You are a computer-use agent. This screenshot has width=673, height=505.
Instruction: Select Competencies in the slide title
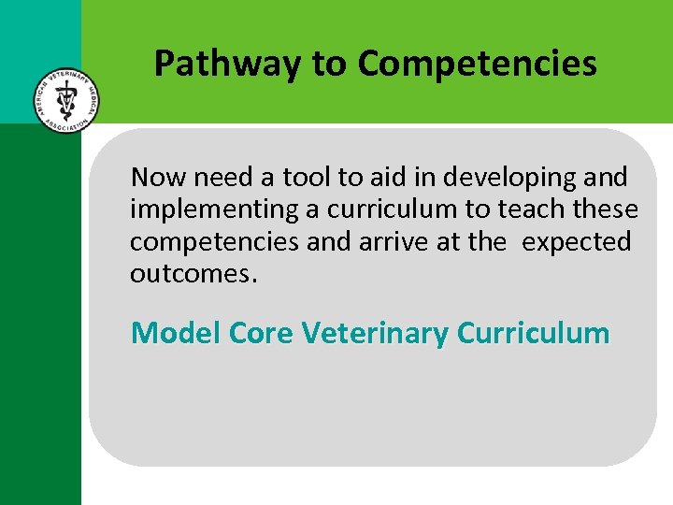tap(477, 64)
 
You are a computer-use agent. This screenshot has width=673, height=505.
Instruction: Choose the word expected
tap(576, 243)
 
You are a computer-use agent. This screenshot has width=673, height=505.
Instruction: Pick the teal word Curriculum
tap(534, 333)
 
